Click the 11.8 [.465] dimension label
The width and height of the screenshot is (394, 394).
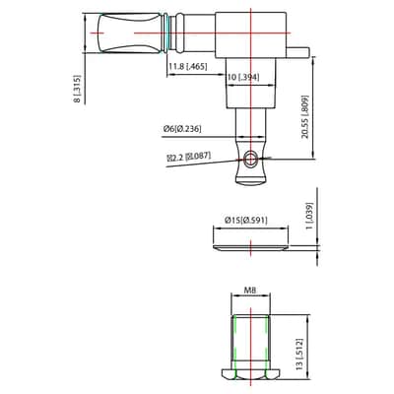[188, 67]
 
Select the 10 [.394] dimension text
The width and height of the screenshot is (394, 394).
[243, 77]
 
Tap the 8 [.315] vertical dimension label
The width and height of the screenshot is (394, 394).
[77, 89]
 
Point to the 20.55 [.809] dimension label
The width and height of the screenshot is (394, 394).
[305, 117]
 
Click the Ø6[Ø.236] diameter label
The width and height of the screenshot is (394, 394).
[182, 129]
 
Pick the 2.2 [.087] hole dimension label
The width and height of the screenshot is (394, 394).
[189, 157]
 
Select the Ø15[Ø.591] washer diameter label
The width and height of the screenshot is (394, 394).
[246, 221]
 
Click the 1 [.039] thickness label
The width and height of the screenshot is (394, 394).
[309, 217]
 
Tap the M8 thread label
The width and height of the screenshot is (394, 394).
[250, 290]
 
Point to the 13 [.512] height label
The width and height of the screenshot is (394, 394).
[299, 355]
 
